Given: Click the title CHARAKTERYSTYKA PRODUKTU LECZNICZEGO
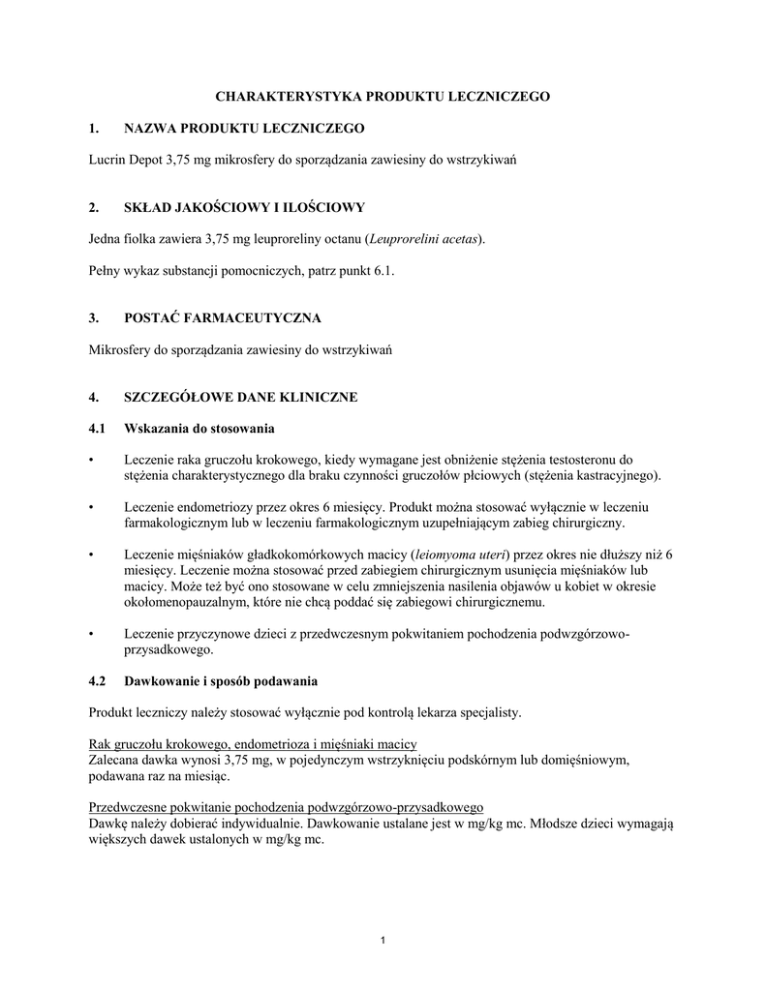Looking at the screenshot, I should click(383, 97).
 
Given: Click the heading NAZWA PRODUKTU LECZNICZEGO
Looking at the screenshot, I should click(244, 128).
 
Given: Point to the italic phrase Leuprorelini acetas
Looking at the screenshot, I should click(422, 239).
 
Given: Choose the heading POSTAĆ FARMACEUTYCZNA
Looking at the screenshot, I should click(223, 317).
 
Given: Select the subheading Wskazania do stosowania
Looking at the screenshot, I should click(200, 428).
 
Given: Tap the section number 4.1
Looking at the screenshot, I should click(97, 428).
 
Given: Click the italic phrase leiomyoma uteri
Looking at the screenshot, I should click(459, 555).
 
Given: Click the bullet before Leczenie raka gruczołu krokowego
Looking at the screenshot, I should click(91, 460).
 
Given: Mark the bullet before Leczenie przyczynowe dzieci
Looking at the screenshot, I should click(91, 634).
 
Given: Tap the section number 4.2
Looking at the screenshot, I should click(97, 680).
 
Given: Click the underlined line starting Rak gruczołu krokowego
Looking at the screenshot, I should click(253, 743).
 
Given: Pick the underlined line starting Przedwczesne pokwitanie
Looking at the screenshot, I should click(286, 806).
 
